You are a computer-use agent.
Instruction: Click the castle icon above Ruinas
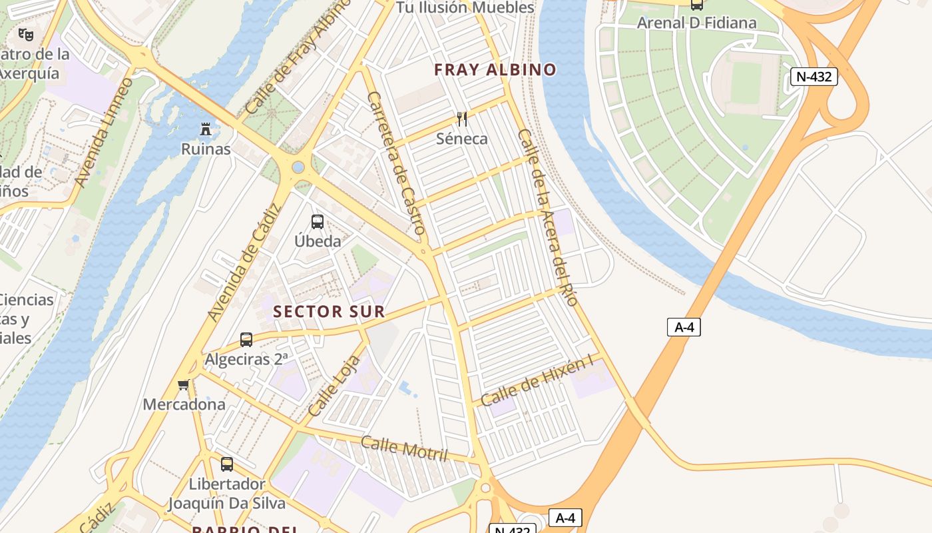tap(206, 129)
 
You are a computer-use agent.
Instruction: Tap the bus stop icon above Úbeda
tap(318, 222)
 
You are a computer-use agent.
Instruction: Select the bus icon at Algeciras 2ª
tap(246, 340)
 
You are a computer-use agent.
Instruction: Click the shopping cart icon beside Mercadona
tap(184, 384)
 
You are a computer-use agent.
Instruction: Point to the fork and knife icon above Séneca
tap(462, 119)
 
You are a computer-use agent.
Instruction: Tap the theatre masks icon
tap(26, 34)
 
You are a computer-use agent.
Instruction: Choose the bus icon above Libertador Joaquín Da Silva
tap(227, 464)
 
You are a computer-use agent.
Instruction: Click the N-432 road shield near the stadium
tap(814, 77)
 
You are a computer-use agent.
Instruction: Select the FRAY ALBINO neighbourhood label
tap(495, 70)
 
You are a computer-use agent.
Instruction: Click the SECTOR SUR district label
tap(329, 311)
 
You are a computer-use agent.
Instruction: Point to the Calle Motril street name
tap(404, 448)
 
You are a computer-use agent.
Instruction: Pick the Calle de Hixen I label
tap(536, 382)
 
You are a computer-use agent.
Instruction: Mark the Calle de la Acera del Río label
tap(547, 217)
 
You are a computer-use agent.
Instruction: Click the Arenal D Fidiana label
tap(696, 23)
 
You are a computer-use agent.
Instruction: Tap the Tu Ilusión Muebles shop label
tap(465, 8)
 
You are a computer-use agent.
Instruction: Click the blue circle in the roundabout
tap(298, 167)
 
